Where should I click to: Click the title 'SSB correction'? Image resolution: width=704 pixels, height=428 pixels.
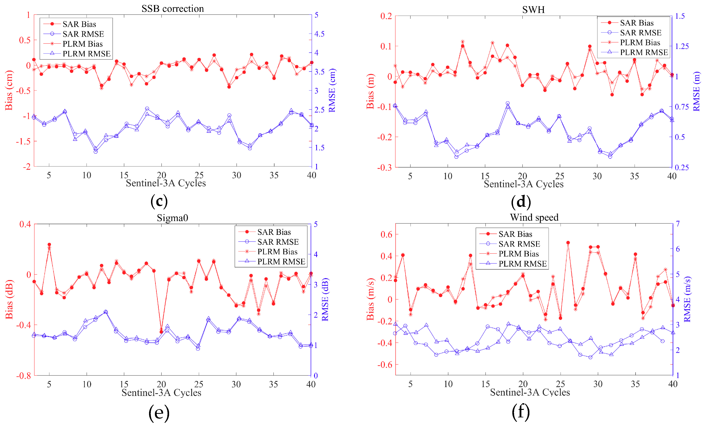point(173,9)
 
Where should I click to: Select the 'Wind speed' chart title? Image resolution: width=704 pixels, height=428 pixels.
point(534,217)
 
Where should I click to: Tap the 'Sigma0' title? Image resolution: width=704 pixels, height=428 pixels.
point(172,218)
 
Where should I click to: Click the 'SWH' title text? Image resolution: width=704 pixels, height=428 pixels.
point(533,10)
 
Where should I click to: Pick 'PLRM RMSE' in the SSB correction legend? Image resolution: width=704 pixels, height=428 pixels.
point(86,53)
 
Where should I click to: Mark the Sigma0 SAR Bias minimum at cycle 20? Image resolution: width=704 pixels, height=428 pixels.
point(161,332)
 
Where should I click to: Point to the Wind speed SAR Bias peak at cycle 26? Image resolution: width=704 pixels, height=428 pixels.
point(568,243)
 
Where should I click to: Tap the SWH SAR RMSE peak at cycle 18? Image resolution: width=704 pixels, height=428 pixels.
point(507,103)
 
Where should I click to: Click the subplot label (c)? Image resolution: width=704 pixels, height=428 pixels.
point(159,201)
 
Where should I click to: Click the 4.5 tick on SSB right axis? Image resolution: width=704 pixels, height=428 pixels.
point(319,34)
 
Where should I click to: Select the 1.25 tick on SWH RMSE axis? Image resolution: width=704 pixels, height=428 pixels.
point(681,46)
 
